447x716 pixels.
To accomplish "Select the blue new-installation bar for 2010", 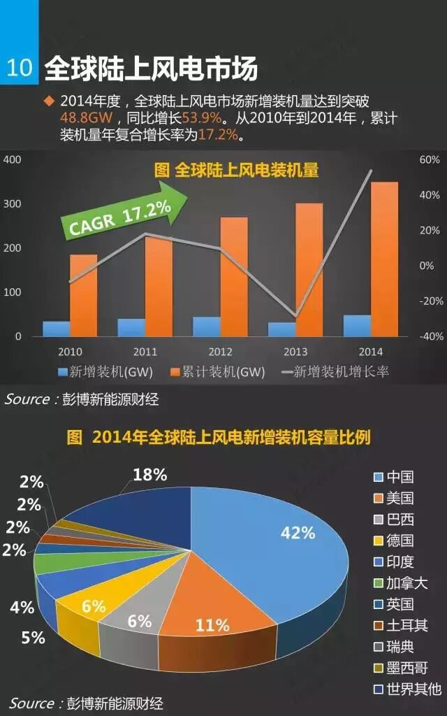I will pos(56,329).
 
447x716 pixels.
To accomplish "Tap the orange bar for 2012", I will pos(234,276).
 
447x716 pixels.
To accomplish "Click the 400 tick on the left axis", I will pos(13,159).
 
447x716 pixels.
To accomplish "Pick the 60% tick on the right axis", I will pos(430,159).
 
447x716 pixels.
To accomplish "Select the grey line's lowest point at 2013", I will pos(295,317).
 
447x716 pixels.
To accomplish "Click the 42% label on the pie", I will pos(298,533).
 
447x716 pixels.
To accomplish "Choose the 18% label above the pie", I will pos(149,475).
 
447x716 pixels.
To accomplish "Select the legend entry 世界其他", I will pos(408,689).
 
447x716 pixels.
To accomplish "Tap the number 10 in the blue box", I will pos(20,68).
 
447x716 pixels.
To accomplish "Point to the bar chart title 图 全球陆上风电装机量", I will pos(236,170).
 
